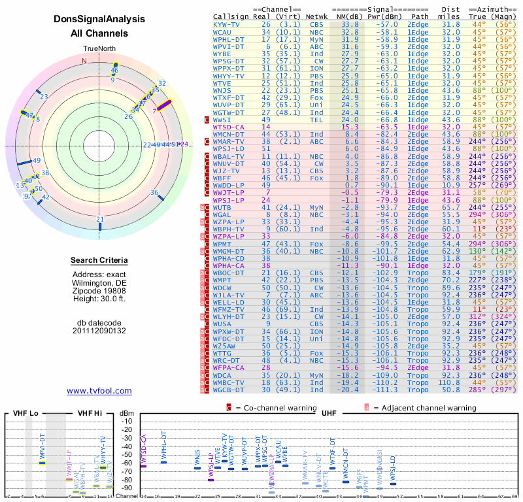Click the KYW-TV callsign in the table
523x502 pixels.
tap(226, 24)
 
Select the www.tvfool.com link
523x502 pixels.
tap(99, 391)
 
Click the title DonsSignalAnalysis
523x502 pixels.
tap(99, 20)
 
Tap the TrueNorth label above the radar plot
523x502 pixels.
tap(99, 49)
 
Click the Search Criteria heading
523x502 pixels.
tap(99, 261)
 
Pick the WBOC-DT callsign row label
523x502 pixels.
tap(228, 272)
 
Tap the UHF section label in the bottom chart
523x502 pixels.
tap(329, 414)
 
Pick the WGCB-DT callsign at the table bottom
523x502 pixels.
tap(228, 390)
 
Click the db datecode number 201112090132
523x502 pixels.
tap(99, 331)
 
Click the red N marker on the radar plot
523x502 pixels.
tap(84, 61)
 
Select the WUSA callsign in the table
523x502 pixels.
tap(222, 323)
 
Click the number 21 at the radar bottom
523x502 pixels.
tap(99, 220)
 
